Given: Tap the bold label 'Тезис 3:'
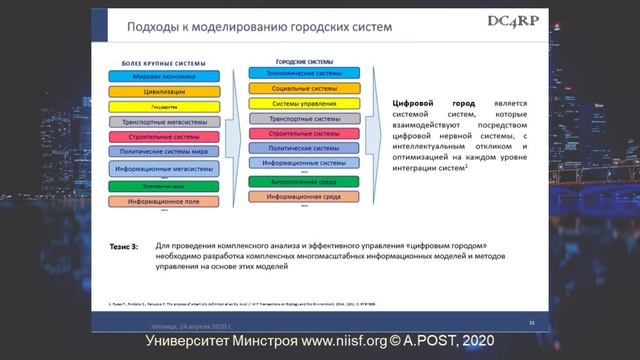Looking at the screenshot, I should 126,244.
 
